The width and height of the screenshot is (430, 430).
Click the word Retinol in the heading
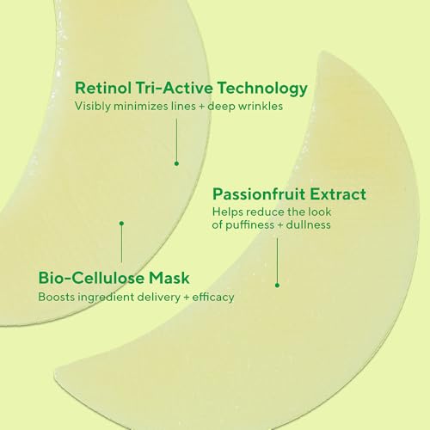[x=102, y=87]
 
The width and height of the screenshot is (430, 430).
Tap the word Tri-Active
[x=172, y=87]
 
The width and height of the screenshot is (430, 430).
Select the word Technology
[x=262, y=87]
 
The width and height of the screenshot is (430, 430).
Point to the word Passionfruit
[x=260, y=193]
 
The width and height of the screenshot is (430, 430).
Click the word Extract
[x=337, y=193]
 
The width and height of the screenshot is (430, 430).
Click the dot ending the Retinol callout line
[x=176, y=163]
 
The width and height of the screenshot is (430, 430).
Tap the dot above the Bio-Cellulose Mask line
[x=121, y=223]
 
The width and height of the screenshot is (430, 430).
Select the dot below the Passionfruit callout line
[x=278, y=285]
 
